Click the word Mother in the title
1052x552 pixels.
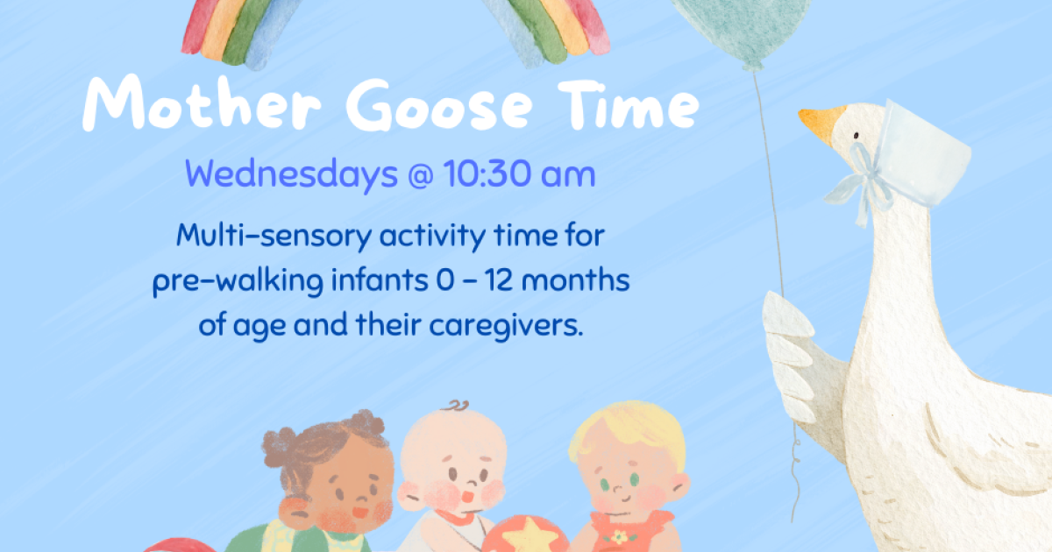click(202, 103)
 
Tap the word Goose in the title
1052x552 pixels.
click(439, 104)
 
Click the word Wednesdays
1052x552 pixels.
click(291, 173)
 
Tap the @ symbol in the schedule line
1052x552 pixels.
click(420, 176)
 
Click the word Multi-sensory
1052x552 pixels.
click(274, 236)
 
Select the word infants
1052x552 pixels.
click(380, 280)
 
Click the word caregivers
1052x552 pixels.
click(506, 325)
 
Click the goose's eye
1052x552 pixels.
click(856, 136)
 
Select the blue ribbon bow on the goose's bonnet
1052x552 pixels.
click(862, 183)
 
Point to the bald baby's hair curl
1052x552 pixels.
click(457, 405)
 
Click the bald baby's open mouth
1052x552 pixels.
click(468, 496)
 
